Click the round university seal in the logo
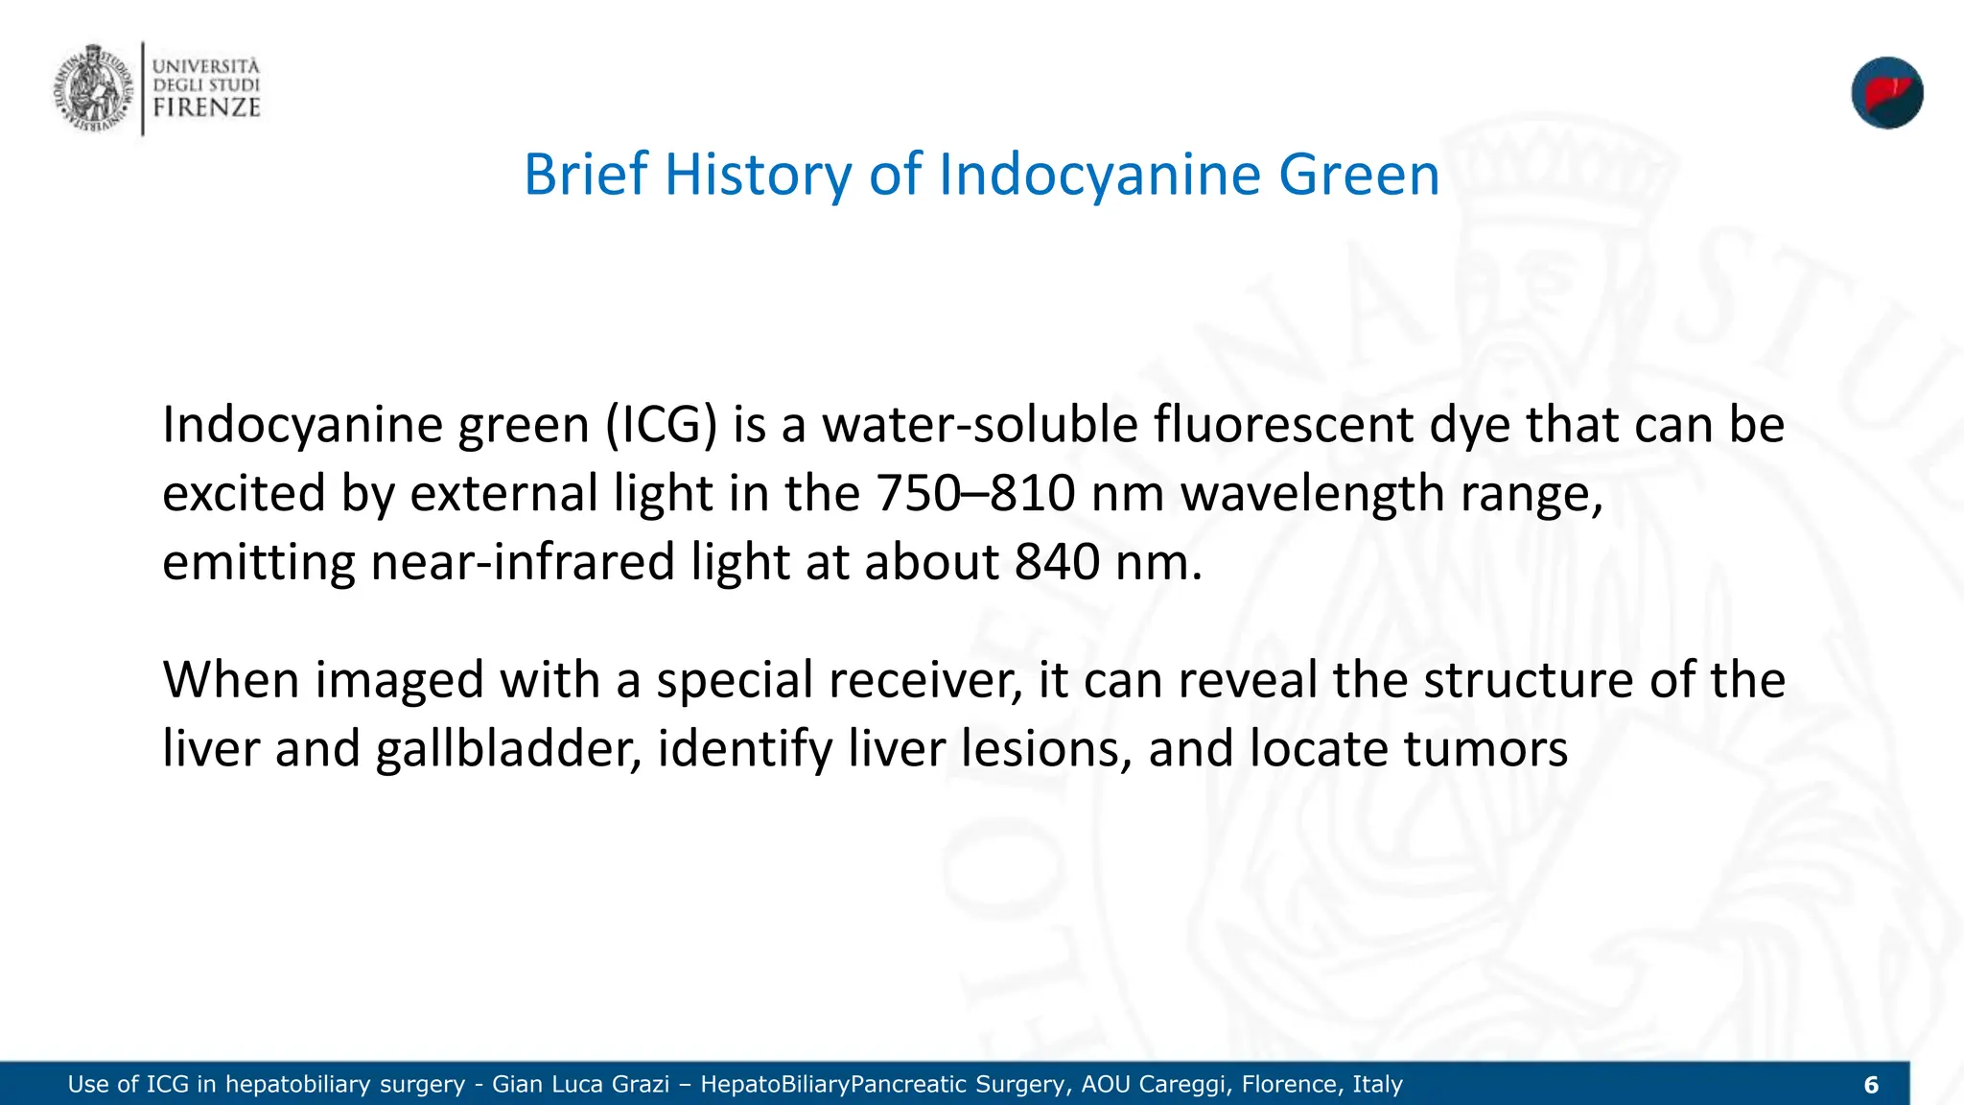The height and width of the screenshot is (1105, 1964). [92, 88]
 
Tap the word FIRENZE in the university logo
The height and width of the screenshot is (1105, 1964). [206, 106]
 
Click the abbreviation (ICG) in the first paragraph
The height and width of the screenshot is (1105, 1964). [661, 424]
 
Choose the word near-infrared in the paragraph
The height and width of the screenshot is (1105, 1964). [523, 562]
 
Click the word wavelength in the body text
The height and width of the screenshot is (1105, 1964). [1312, 493]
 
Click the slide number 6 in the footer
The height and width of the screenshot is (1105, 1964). [1871, 1085]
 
